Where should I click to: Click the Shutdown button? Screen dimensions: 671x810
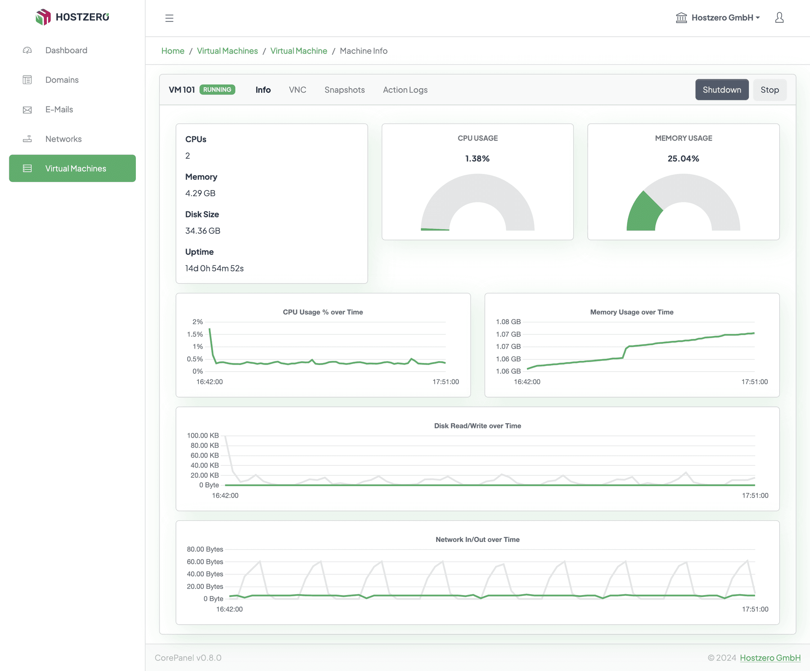pyautogui.click(x=721, y=90)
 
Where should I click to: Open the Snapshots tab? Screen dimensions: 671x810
pyautogui.click(x=344, y=90)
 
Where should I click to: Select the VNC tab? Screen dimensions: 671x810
pyautogui.click(x=297, y=90)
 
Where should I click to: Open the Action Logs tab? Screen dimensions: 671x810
pyautogui.click(x=405, y=90)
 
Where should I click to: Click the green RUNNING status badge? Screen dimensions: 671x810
pyautogui.click(x=217, y=89)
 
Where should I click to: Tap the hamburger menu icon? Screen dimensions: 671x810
pyautogui.click(x=169, y=18)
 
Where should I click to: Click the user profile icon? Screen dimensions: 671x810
pyautogui.click(x=779, y=18)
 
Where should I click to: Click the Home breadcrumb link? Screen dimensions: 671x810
pyautogui.click(x=173, y=51)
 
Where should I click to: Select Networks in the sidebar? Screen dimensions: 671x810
pyautogui.click(x=63, y=139)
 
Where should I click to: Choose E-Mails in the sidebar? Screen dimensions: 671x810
pyautogui.click(x=59, y=109)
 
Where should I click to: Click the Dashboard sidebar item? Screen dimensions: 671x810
pyautogui.click(x=66, y=50)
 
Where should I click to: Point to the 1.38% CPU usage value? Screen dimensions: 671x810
pyautogui.click(x=477, y=159)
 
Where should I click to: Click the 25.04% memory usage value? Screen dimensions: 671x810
pyautogui.click(x=683, y=159)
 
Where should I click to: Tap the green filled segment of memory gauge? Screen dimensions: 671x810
pyautogui.click(x=642, y=214)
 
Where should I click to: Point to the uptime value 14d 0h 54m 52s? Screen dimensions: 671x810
pyautogui.click(x=214, y=268)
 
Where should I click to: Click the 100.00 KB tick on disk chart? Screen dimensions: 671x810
pyautogui.click(x=203, y=436)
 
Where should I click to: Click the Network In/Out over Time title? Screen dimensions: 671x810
pyautogui.click(x=477, y=540)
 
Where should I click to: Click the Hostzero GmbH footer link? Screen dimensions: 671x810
pyautogui.click(x=770, y=658)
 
